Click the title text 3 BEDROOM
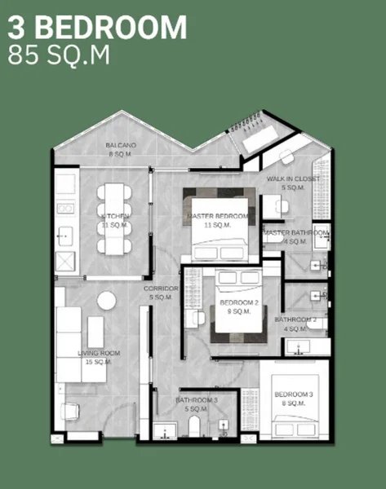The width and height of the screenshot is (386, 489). (x=97, y=28)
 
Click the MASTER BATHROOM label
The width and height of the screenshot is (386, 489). (x=296, y=236)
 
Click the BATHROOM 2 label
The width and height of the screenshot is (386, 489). (x=295, y=324)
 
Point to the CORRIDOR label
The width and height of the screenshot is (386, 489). (x=160, y=293)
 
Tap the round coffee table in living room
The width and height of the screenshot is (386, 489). (x=106, y=300)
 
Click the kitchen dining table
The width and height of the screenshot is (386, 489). (x=113, y=218)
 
